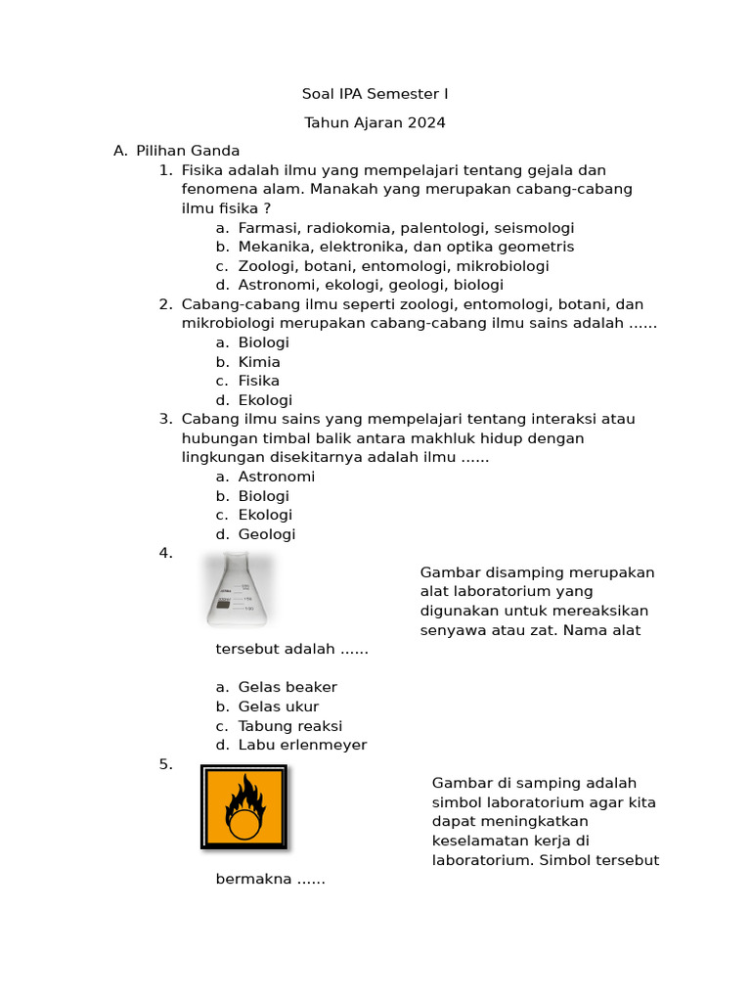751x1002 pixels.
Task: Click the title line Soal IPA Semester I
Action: [x=375, y=94]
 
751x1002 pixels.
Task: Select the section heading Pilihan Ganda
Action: [x=188, y=151]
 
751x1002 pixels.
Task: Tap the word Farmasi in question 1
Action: [x=268, y=228]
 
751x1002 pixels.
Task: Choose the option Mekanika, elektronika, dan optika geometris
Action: [x=406, y=247]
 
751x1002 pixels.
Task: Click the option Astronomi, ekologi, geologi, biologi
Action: [x=371, y=285]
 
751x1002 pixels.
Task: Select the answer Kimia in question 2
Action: [x=259, y=362]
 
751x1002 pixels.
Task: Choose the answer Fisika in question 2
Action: [x=258, y=381]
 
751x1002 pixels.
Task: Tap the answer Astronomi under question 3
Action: [x=276, y=477]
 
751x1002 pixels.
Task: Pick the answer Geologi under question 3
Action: [x=266, y=534]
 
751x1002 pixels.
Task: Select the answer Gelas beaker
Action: [x=287, y=687]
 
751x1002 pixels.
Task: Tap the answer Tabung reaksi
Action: [x=289, y=726]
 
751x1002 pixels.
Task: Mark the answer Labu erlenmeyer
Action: [x=302, y=745]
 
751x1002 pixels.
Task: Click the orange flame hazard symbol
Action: [x=243, y=807]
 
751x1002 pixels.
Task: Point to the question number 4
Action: [x=165, y=553]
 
